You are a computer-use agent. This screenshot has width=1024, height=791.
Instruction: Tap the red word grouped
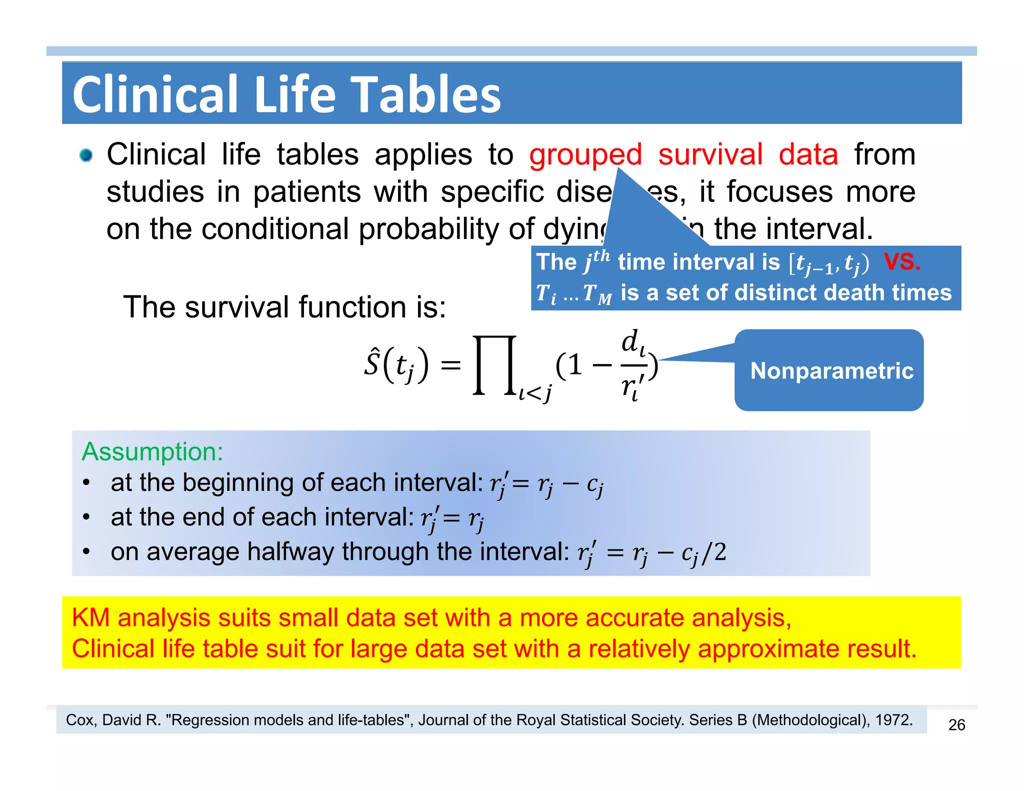tap(585, 154)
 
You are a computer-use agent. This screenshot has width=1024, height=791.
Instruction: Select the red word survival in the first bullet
tap(710, 154)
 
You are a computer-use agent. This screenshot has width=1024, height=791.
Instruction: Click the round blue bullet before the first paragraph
tap(86, 155)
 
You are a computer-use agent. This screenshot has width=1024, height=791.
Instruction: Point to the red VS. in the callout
tap(901, 261)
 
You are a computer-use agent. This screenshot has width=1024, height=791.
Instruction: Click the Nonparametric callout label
tap(831, 370)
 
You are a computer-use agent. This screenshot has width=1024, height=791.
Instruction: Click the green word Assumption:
tap(152, 451)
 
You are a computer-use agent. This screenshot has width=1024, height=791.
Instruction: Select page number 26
tap(956, 724)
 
